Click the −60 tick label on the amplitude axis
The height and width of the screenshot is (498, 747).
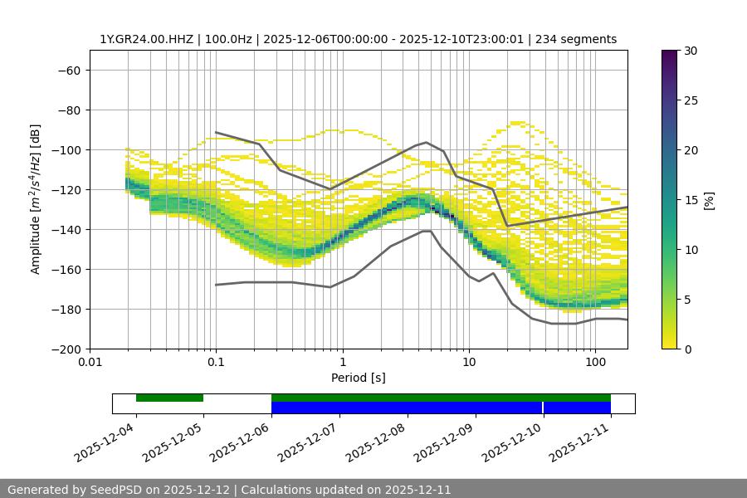(x=68, y=70)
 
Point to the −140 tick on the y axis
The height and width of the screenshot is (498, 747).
(x=68, y=229)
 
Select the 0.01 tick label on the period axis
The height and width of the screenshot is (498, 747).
(x=90, y=363)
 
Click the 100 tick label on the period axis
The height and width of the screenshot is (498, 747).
(x=595, y=363)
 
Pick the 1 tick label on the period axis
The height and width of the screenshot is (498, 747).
(x=342, y=363)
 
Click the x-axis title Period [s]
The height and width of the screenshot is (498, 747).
(x=359, y=378)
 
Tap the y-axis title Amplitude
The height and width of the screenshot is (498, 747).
(x=36, y=199)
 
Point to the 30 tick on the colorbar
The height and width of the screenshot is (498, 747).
(x=690, y=51)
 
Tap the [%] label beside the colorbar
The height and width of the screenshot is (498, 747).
(x=710, y=200)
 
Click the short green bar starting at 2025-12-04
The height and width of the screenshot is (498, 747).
(x=169, y=398)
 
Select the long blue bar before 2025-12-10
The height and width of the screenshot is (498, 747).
(x=407, y=408)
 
